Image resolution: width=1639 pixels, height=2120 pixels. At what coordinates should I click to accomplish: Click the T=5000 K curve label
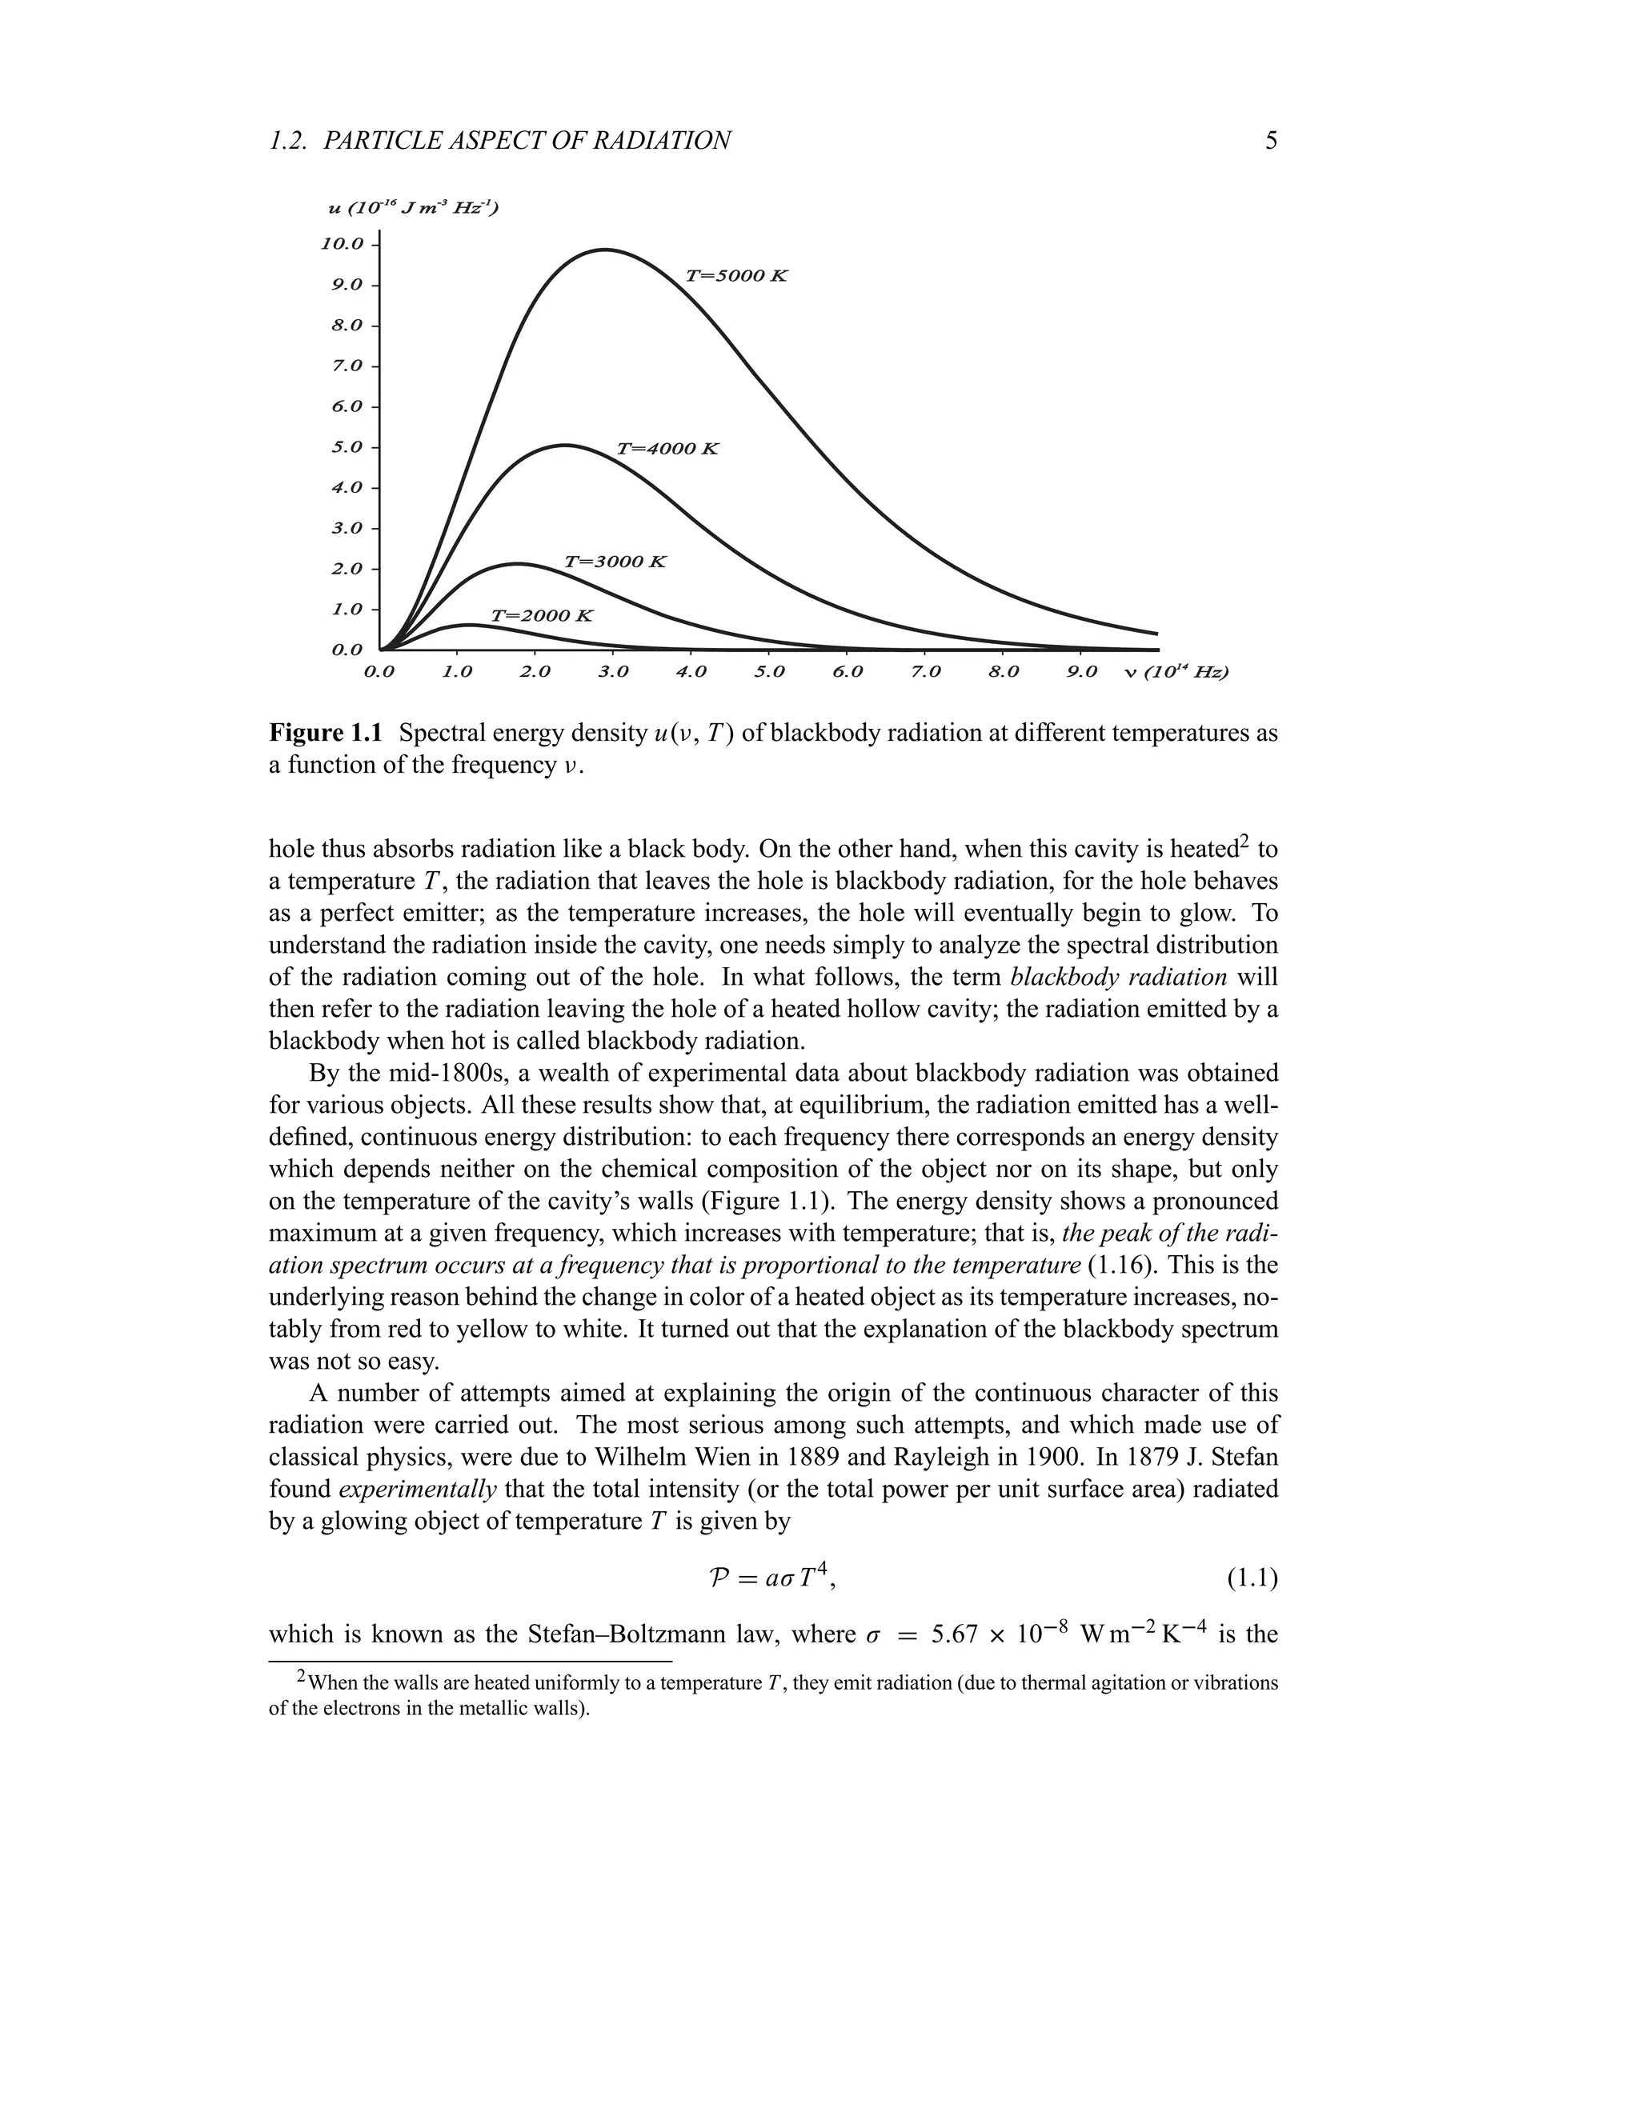pos(736,276)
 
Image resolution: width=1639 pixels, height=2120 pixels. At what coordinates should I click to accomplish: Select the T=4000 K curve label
pos(668,450)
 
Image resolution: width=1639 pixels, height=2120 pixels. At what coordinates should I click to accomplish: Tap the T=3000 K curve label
pos(615,562)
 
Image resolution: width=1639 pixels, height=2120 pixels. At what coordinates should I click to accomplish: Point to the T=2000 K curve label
pos(541,616)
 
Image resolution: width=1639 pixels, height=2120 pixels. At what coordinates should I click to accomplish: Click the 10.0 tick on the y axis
pos(342,244)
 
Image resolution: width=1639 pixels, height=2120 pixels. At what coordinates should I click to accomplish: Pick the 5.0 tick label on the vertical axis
pos(347,447)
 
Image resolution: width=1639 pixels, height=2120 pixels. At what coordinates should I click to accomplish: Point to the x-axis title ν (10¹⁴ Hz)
pos(1176,672)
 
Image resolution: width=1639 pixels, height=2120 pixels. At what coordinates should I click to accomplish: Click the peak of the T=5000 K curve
pos(604,250)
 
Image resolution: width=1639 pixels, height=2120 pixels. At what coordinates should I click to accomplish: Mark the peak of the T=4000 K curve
pos(565,446)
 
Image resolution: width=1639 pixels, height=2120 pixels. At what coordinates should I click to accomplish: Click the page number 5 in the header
pos(1271,142)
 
